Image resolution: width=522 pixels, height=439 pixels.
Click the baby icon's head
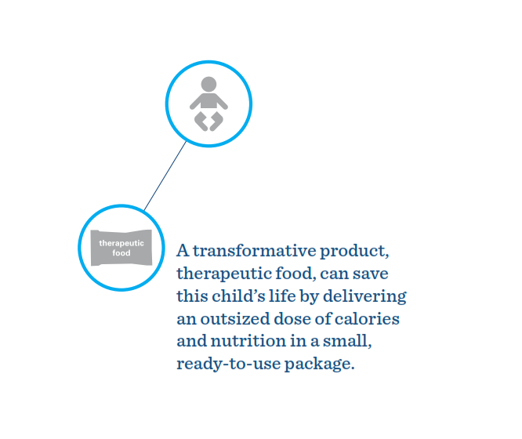208,84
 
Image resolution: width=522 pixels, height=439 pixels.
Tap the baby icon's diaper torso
208,101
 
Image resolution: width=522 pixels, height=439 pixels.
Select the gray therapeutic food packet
121,248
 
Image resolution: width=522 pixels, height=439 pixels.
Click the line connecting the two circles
165,176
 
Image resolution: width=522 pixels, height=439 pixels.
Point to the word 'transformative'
255,251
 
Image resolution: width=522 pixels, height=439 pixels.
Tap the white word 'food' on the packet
121,253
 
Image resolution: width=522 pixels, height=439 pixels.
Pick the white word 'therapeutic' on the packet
121,243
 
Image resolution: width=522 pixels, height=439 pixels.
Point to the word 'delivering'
364,297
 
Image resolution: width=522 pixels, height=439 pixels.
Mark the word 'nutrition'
248,342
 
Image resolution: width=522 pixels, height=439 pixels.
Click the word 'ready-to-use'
229,365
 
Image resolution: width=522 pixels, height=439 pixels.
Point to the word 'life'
282,296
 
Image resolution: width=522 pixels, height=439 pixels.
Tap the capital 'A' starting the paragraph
183,251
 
